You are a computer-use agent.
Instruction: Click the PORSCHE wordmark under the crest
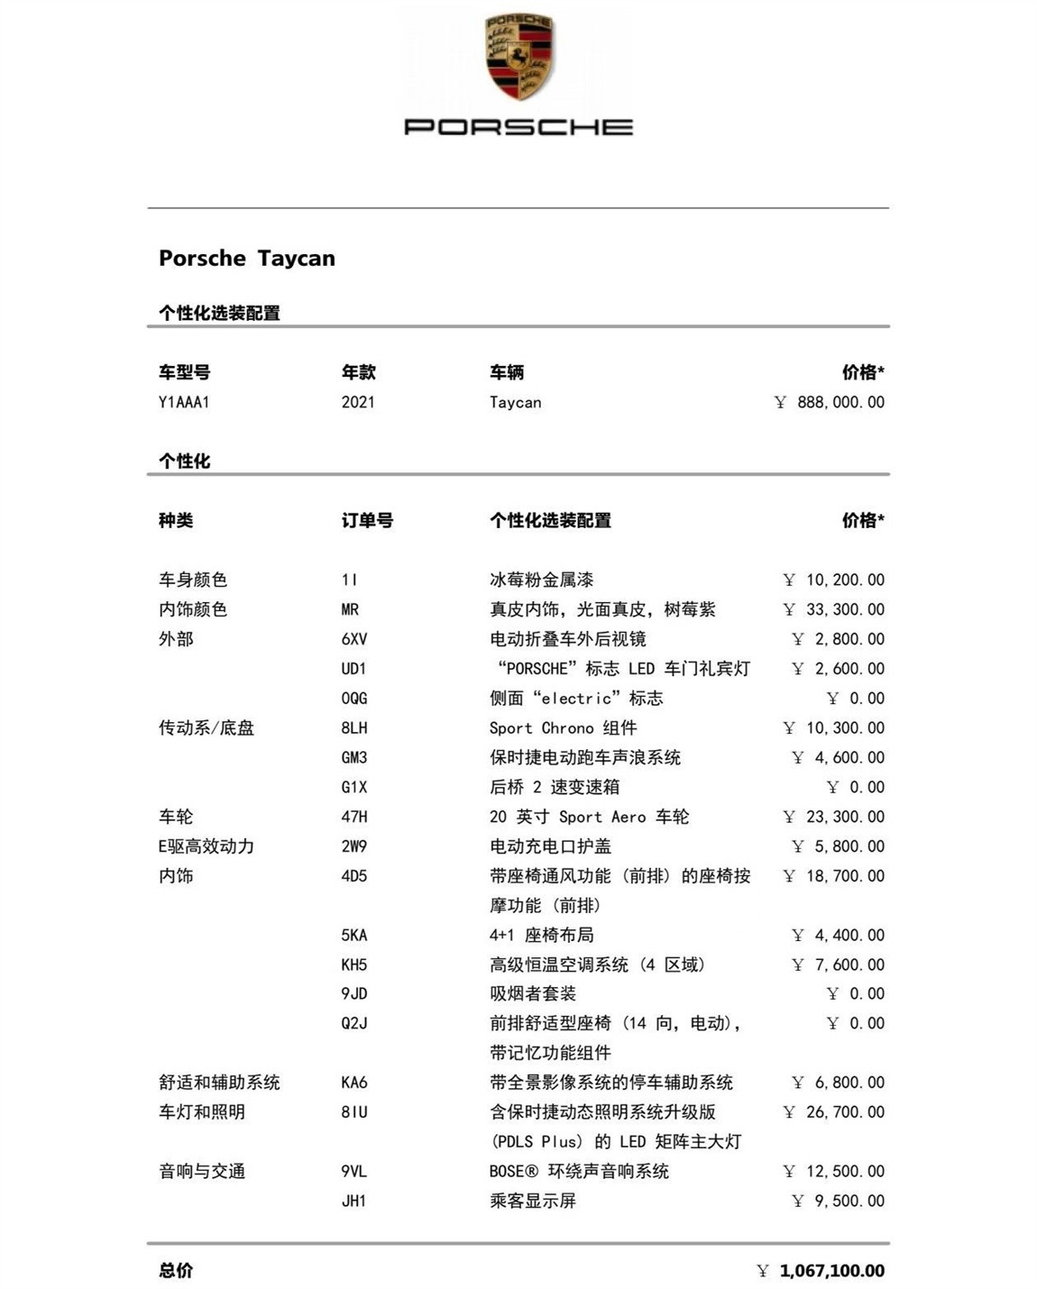click(518, 127)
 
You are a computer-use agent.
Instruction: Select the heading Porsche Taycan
click(246, 258)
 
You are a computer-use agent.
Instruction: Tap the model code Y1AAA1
click(184, 402)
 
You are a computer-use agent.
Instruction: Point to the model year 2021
click(358, 402)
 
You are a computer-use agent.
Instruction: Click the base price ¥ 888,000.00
click(830, 402)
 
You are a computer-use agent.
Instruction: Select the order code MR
click(350, 609)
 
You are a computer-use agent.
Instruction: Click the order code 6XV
click(354, 639)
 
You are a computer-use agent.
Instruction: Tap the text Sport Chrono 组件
click(563, 727)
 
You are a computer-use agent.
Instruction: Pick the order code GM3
click(354, 757)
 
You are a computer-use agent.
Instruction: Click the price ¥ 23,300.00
click(834, 817)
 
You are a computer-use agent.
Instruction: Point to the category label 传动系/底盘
click(206, 727)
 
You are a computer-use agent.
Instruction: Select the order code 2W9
click(354, 846)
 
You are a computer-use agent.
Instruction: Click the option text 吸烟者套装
click(532, 993)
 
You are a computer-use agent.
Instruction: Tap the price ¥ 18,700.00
click(834, 875)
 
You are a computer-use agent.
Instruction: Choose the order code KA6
click(354, 1083)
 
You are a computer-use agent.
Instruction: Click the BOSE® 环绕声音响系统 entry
click(579, 1171)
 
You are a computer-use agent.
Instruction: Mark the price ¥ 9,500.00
click(838, 1201)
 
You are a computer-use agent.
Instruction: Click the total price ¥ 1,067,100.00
click(821, 1270)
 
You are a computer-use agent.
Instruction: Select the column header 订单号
click(367, 520)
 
